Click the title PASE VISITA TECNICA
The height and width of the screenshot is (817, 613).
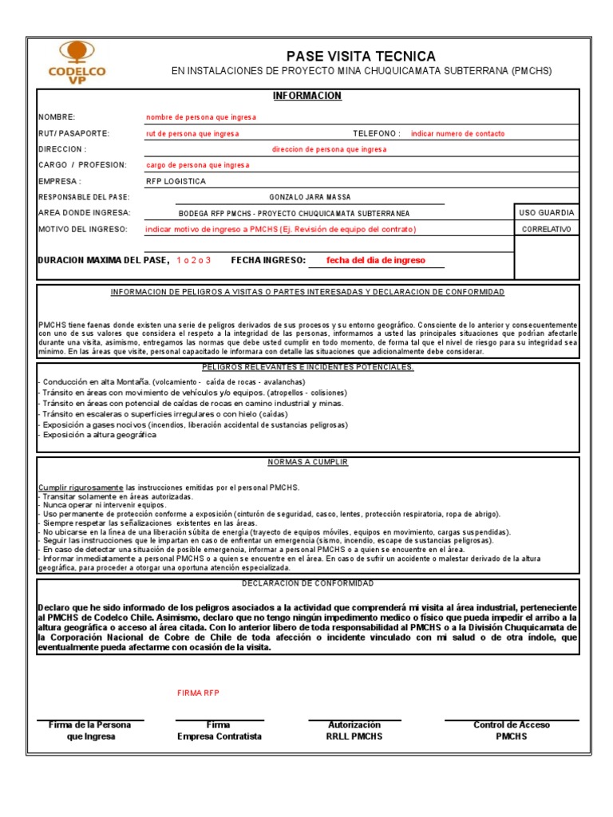[x=362, y=56]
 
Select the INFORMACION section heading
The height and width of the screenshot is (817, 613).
[x=306, y=96]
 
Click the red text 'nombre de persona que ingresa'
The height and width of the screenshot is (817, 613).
[x=201, y=117]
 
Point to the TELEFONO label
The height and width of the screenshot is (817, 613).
[x=377, y=134]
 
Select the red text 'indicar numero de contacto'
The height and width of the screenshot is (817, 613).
[x=457, y=134]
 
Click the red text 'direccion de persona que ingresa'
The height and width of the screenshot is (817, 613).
[x=329, y=149]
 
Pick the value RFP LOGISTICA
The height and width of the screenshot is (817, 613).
[x=176, y=181]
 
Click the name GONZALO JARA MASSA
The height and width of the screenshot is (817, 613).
[x=310, y=197]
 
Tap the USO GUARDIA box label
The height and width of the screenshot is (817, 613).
[x=546, y=212]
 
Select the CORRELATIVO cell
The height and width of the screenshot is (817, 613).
[x=546, y=229]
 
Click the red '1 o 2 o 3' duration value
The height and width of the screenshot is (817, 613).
[x=194, y=260]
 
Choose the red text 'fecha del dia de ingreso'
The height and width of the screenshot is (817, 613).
[x=376, y=260]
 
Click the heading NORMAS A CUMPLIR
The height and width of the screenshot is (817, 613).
[x=307, y=462]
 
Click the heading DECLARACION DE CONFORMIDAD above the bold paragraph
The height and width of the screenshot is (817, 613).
[x=307, y=583]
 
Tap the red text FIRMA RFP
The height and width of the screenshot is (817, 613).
[x=197, y=693]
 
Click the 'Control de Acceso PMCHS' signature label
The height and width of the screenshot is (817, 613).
[x=511, y=730]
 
